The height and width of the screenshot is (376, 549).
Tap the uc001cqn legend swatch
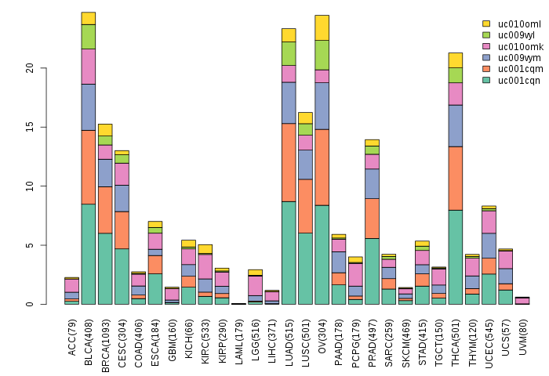(486, 80)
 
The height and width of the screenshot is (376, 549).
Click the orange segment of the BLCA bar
(89, 167)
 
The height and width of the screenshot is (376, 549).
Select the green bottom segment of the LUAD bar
(289, 252)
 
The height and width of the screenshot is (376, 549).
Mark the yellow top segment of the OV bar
(322, 27)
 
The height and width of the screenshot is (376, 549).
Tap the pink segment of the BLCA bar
(89, 67)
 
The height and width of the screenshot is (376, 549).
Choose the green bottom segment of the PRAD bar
(373, 271)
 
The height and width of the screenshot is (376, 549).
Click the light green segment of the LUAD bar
(289, 53)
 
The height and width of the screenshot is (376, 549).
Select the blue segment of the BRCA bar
(105, 172)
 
